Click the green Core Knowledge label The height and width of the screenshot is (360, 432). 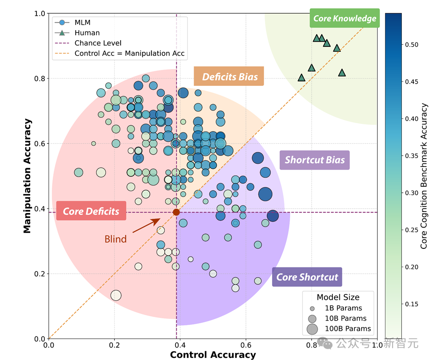tap(344, 18)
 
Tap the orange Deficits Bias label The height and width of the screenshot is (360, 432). tap(229, 76)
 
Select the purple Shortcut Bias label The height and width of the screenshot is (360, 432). tap(315, 160)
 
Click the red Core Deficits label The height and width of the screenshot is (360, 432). tap(91, 211)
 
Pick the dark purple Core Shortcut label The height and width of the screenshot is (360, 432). tap(307, 277)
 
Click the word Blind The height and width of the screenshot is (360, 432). tap(115, 239)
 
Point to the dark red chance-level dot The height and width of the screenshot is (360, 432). tap(176, 212)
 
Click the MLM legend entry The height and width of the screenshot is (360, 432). tap(82, 22)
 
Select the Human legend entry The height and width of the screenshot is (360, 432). tap(87, 33)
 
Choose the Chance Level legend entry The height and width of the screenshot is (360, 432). tap(97, 43)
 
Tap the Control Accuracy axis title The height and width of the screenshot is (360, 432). tap(213, 355)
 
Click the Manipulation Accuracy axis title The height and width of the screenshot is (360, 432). tap(27, 175)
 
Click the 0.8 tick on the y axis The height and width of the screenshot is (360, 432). tap(39, 79)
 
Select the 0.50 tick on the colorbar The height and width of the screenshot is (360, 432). tap(412, 45)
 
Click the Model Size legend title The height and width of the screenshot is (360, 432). tap(338, 297)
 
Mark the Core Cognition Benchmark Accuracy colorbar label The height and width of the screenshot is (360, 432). tap(424, 175)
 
